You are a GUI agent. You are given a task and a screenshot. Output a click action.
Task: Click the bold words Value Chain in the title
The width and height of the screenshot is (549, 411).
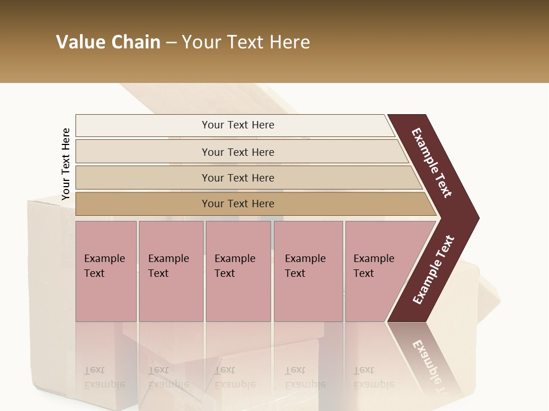point(108,42)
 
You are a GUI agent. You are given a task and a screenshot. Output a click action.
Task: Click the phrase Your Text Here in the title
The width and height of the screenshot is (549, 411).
point(246,42)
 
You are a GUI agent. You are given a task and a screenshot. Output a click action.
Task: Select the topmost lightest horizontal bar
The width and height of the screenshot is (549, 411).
point(234,125)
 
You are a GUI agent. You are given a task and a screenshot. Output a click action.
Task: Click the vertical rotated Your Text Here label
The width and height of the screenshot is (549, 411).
point(66,164)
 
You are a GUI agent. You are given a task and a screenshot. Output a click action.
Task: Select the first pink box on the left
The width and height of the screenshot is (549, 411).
point(106,271)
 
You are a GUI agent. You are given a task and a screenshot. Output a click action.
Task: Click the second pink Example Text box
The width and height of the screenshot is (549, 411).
point(170,271)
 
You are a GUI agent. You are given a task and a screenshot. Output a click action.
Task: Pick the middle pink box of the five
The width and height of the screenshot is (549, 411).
point(238,271)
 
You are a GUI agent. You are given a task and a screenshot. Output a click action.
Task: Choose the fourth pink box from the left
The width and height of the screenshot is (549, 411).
point(308,271)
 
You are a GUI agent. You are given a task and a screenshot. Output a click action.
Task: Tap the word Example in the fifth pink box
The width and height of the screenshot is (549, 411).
point(373,259)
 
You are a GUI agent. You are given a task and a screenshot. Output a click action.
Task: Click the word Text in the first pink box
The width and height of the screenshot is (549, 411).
point(94,273)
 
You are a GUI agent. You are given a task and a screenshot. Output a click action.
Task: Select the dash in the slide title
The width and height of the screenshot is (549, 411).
point(171,43)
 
